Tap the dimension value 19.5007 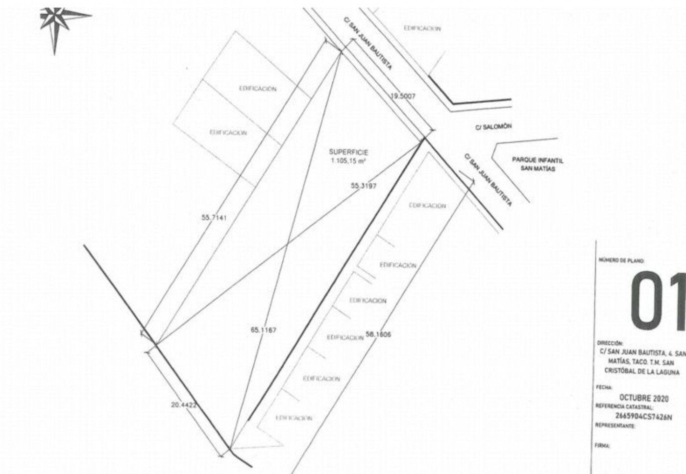402,96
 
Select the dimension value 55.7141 214,217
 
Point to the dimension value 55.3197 363,186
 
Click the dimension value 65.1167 263,330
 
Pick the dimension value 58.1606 378,335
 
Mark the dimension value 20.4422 184,405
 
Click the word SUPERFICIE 348,152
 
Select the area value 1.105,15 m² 348,160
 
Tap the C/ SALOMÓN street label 493,127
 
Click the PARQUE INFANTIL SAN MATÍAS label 538,164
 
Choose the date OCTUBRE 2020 643,398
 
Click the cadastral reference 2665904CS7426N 643,417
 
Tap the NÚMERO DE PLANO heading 621,261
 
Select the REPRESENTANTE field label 615,426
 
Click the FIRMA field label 602,446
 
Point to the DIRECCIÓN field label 610,343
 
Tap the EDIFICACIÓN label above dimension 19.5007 422,28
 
